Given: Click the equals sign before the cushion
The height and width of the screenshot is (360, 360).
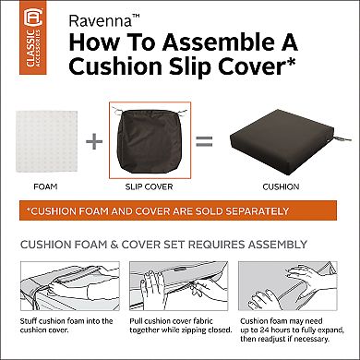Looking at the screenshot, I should [204, 142].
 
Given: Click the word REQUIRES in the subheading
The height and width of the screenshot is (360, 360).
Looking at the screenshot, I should [204, 246].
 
